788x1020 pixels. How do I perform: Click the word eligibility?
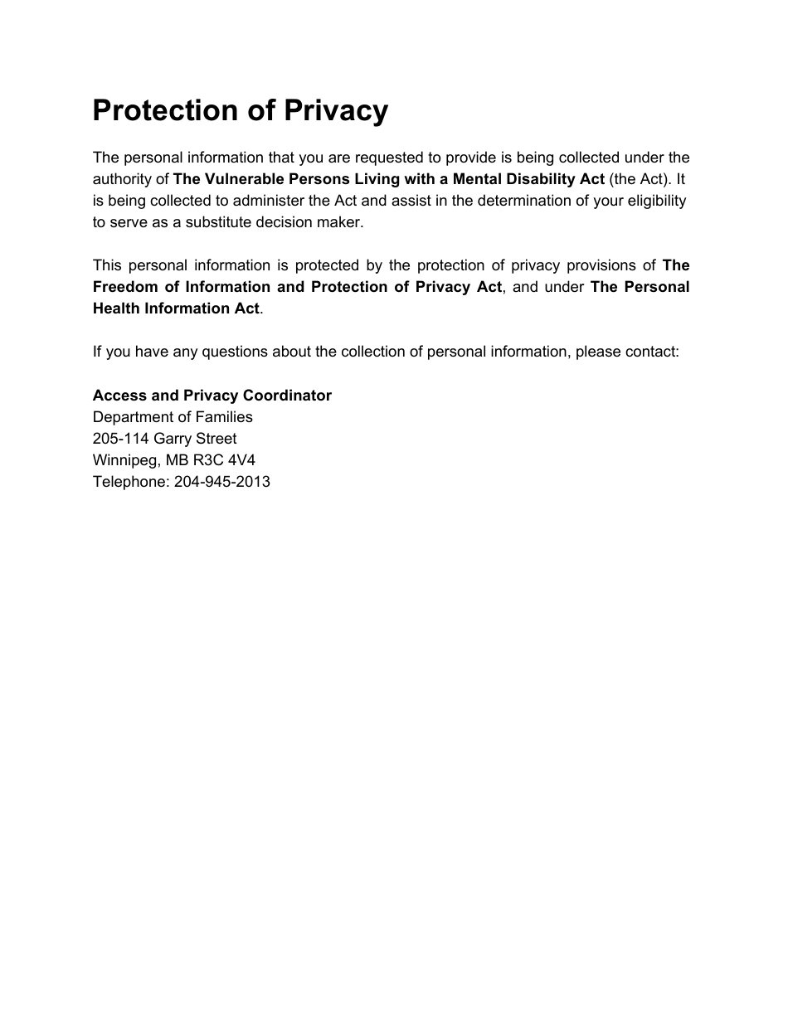657,201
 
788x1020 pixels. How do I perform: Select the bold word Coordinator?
283,396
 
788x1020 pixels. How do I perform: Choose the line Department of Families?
173,417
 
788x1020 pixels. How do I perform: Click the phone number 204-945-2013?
221,482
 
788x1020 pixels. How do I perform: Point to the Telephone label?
130,482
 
